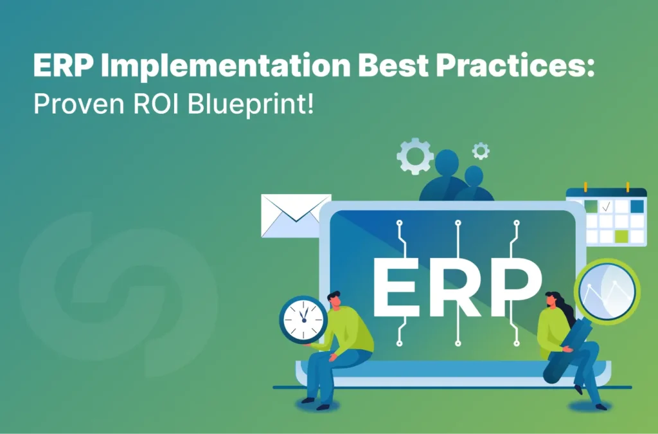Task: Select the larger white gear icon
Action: [414, 156]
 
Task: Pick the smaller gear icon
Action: [480, 151]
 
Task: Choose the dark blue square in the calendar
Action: [636, 206]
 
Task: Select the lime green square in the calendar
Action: [621, 236]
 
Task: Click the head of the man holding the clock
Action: [333, 300]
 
